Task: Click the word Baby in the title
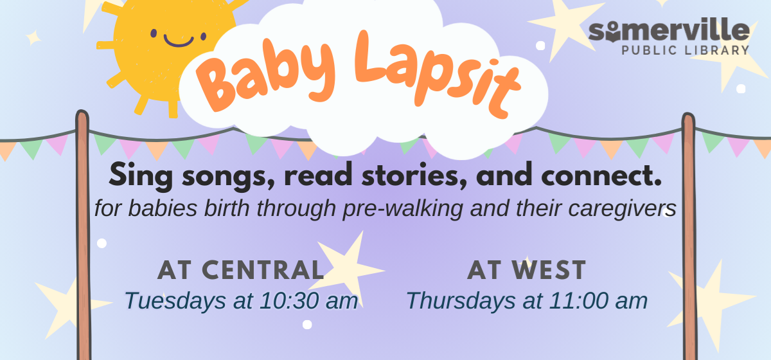point(265,74)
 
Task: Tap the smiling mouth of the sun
point(179,41)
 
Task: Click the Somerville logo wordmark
point(669,30)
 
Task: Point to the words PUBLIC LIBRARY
point(686,50)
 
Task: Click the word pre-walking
point(403,209)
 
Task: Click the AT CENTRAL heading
point(240,270)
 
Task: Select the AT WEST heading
point(526,270)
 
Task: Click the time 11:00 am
point(598,301)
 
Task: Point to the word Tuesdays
point(175,301)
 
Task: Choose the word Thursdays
point(461,301)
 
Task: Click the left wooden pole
point(83,235)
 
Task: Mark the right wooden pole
point(689,237)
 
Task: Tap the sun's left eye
point(154,33)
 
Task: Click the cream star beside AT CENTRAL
point(348,269)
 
